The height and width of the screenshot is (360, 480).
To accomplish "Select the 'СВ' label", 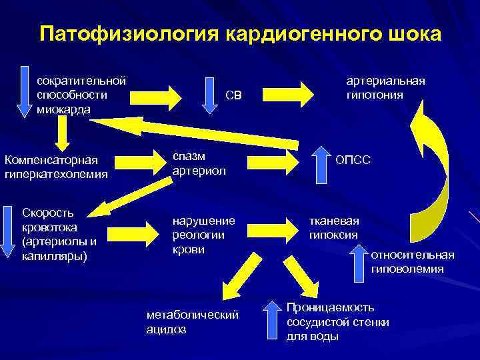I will pos(233,96).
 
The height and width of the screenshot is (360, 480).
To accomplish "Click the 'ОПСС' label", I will pos(353,161).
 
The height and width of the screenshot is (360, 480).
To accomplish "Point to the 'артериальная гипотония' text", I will pos(385,88).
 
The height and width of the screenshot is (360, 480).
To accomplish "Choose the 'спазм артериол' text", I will pos(199,163).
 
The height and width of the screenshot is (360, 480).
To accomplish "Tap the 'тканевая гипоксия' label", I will pos(333,227).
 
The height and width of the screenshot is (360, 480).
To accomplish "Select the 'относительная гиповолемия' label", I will pos(413,261).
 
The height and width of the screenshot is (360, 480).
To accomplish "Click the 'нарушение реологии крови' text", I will pos(203,234).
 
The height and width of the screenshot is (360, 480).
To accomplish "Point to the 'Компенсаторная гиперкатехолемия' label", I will pos(55,167).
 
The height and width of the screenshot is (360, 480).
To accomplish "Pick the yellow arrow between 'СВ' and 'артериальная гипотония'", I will pos(294,94).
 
